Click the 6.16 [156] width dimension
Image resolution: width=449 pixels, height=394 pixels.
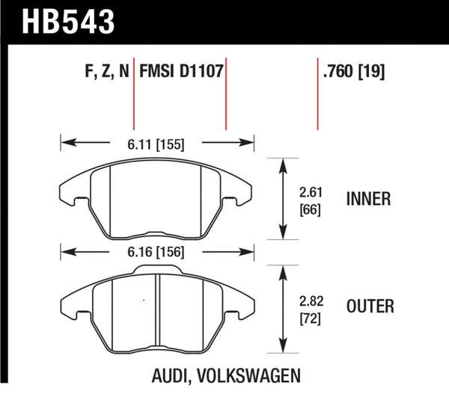tap(158, 253)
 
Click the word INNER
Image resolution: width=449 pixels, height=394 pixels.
tap(370, 199)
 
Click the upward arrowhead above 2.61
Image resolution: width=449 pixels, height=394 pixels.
tap(283, 162)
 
